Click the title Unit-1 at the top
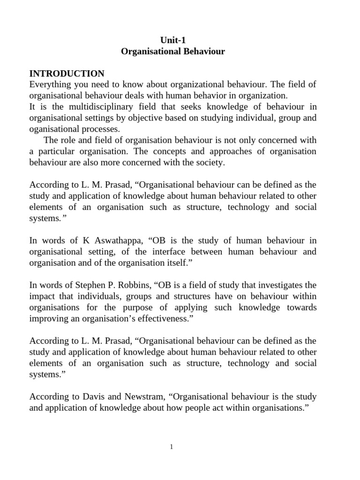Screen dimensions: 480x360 173,40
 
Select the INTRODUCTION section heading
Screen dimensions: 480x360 67,74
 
